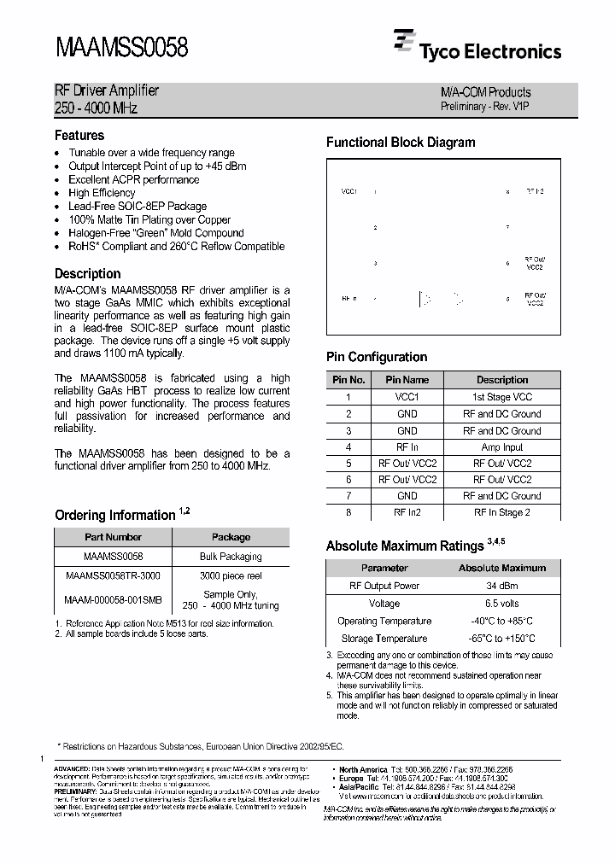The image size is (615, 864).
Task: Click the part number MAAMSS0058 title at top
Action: (121, 48)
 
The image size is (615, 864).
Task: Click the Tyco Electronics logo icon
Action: (403, 42)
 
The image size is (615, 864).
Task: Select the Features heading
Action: (79, 136)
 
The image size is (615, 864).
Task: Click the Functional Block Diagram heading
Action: (401, 143)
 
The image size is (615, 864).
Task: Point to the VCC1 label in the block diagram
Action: (348, 192)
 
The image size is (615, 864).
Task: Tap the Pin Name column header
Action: (407, 380)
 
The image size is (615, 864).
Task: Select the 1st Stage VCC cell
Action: (501, 397)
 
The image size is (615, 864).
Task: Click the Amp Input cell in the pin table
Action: (501, 447)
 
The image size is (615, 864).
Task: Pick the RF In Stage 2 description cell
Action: (501, 512)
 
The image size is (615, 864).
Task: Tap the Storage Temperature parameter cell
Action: (384, 638)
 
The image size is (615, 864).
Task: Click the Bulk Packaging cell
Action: (231, 556)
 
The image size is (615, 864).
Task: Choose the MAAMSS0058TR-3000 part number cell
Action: (113, 575)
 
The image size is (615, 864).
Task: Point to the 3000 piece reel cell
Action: (231, 575)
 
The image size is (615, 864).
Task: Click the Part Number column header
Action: (113, 537)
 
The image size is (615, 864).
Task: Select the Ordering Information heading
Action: (115, 516)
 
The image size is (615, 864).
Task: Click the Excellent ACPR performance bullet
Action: (133, 179)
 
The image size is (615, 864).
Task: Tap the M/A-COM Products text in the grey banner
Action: (485, 92)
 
